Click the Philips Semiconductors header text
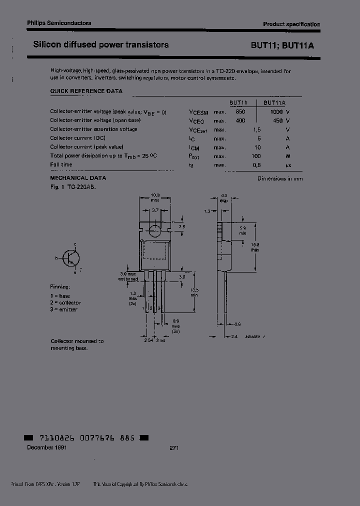pyautogui.click(x=59, y=23)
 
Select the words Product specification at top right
pyautogui.click(x=291, y=24)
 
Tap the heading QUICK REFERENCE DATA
pyautogui.click(x=86, y=91)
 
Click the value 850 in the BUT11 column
pyautogui.click(x=240, y=112)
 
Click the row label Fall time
pyautogui.click(x=61, y=164)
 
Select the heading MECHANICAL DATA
pyautogui.click(x=78, y=178)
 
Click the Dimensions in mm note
pyautogui.click(x=280, y=178)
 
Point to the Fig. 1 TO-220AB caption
pyautogui.click(x=73, y=186)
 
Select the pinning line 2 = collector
pyautogui.click(x=65, y=302)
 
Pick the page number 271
pyautogui.click(x=174, y=448)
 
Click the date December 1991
pyautogui.click(x=46, y=448)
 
